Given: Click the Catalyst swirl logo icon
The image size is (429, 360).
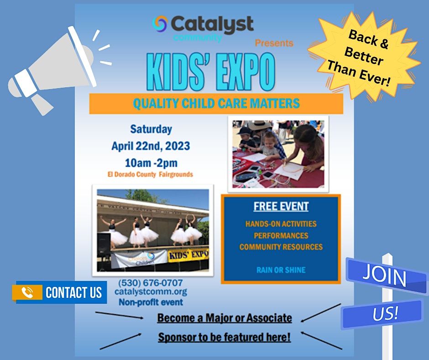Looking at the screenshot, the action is coord(160,24).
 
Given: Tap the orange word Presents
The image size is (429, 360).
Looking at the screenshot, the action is coord(274,43).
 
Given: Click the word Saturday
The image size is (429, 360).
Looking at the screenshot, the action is coord(151,129).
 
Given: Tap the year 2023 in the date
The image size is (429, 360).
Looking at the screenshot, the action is coord(177,146).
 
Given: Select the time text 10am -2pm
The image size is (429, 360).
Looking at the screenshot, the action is coord(151,163).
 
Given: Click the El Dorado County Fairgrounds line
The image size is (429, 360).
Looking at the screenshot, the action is coord(150,174).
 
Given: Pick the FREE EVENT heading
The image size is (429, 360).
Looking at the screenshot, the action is coord(281,206).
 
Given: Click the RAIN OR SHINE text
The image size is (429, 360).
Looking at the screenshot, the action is coord(281,270).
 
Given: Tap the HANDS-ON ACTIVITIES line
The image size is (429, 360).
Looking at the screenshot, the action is coord(281,224).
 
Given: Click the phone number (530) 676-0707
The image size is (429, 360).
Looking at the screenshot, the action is coord(151,282).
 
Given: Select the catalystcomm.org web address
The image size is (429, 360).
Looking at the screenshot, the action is coord(151,291).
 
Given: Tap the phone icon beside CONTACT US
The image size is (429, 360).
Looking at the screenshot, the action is coord(27,292).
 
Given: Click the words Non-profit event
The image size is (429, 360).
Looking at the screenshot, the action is coord(151,302).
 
